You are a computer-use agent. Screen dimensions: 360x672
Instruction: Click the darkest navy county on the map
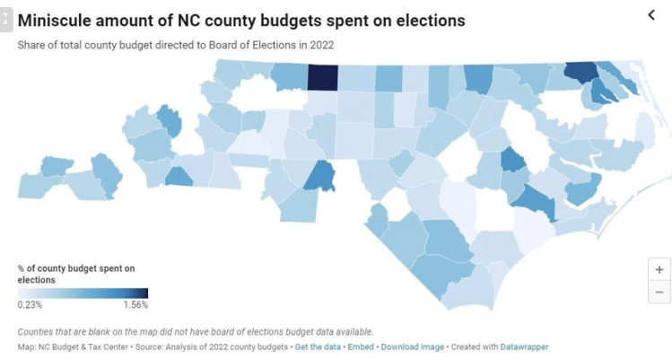pyautogui.click(x=322, y=77)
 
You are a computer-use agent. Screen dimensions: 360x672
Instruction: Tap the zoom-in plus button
pyautogui.click(x=659, y=268)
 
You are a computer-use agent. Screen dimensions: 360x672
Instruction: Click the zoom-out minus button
pyautogui.click(x=659, y=292)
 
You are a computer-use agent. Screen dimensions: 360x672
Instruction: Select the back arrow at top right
pyautogui.click(x=651, y=14)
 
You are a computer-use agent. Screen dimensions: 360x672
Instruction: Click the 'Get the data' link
pyautogui.click(x=319, y=347)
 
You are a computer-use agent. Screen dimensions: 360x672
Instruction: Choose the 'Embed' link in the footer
pyautogui.click(x=362, y=347)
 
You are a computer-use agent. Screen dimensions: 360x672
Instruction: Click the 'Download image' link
pyautogui.click(x=412, y=347)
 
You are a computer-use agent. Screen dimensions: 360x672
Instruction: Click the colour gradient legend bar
pyautogui.click(x=83, y=293)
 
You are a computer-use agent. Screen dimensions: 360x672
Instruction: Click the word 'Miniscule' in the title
pyautogui.click(x=57, y=19)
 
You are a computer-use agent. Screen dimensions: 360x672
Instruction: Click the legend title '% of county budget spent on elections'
pyautogui.click(x=75, y=274)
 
